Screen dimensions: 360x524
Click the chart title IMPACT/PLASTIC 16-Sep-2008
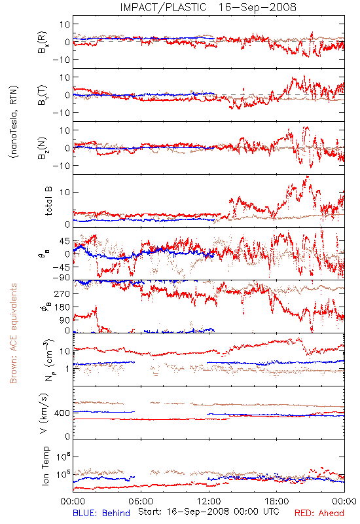click(208, 7)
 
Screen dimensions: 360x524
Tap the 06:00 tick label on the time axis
click(141, 501)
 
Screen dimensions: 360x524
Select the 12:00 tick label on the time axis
click(209, 501)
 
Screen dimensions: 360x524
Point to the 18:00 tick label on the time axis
click(277, 501)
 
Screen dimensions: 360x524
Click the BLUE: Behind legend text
click(101, 513)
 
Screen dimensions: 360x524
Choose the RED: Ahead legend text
click(319, 513)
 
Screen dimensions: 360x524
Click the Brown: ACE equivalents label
click(13, 333)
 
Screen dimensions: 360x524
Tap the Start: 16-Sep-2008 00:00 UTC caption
click(208, 512)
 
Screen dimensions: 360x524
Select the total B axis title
click(48, 201)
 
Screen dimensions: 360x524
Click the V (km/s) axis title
click(44, 413)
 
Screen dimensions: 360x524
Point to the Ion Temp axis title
click(45, 466)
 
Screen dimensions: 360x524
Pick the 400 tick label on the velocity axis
click(62, 413)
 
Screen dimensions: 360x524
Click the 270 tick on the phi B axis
click(62, 293)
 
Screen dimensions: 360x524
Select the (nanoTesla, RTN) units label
click(13, 122)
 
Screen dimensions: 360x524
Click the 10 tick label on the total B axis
click(65, 192)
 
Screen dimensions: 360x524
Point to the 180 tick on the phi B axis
click(62, 307)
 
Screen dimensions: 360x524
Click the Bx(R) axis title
click(43, 43)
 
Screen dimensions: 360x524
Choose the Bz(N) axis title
click(43, 149)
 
